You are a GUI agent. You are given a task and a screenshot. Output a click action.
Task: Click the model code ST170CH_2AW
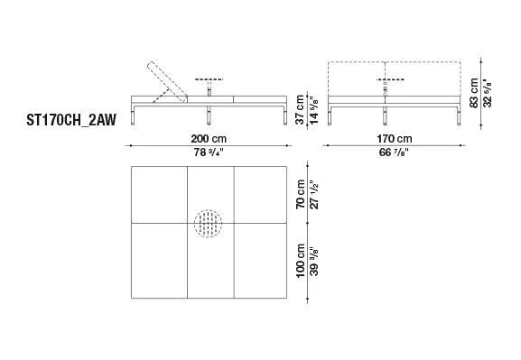coord(71,120)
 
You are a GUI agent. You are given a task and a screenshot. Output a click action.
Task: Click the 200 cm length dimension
coord(209,138)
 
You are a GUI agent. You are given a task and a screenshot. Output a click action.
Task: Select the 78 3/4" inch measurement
coord(209,152)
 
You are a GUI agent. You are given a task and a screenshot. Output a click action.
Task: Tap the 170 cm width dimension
coord(394,138)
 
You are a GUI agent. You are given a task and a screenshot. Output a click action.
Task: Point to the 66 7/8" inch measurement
coord(394,152)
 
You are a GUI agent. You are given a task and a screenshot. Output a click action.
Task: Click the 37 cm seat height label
coord(300,110)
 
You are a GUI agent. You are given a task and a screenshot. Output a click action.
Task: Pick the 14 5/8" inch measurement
coord(314,110)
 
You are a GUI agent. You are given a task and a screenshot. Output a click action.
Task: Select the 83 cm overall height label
coord(473,93)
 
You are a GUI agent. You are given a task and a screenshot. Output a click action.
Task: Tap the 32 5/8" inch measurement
coord(488,93)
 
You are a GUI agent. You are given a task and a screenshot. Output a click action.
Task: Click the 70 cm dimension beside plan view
coord(301,194)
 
